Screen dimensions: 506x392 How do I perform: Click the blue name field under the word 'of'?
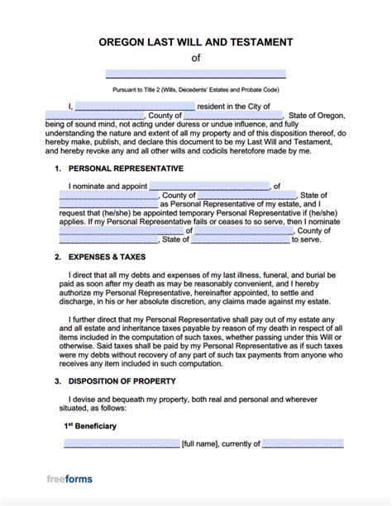tap(196, 73)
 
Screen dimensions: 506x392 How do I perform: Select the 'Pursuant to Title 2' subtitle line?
tap(196, 88)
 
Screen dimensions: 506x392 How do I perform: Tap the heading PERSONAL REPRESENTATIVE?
tap(125, 168)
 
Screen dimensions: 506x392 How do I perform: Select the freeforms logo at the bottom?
tap(69, 480)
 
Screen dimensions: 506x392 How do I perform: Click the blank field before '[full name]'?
tap(122, 444)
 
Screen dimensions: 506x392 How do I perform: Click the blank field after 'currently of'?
tap(303, 444)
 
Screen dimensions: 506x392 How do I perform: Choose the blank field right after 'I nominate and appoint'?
tap(211, 186)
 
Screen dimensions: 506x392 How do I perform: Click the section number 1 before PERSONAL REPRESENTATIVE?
tap(57, 168)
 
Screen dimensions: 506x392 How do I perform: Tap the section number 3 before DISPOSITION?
tap(57, 382)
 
